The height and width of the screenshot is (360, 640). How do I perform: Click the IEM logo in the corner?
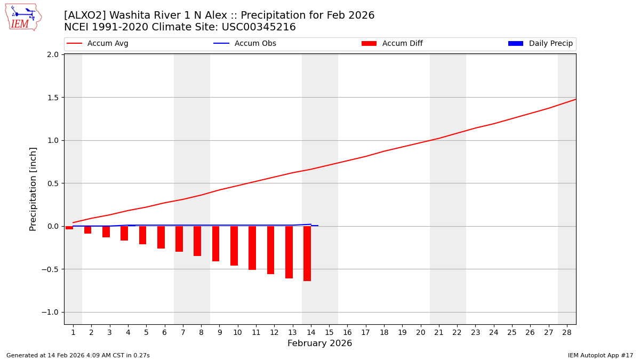pos(23,17)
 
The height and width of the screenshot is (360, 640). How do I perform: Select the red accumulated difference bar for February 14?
pos(307,253)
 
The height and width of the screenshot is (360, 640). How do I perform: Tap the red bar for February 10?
pos(234,245)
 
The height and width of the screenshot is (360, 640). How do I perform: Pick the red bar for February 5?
pos(142,235)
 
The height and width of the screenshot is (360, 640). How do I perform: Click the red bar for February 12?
pos(270,250)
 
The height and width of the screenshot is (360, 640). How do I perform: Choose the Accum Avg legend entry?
pos(98,44)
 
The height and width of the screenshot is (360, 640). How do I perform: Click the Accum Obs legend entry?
pos(245,44)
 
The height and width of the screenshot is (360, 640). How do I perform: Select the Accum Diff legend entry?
pos(392,44)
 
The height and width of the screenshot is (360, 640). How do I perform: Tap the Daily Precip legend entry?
pos(540,44)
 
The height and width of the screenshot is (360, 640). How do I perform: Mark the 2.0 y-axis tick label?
pos(52,54)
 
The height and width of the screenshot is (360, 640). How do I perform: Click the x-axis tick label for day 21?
pos(438,332)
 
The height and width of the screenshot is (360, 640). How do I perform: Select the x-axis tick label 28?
pos(566,332)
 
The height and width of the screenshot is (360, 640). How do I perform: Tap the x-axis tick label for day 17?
pos(365,332)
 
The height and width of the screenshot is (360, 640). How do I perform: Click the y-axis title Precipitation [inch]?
pos(34,189)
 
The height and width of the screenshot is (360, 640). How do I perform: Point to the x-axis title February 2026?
pos(319,343)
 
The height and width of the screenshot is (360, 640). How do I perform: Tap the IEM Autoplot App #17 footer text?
pos(600,355)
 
